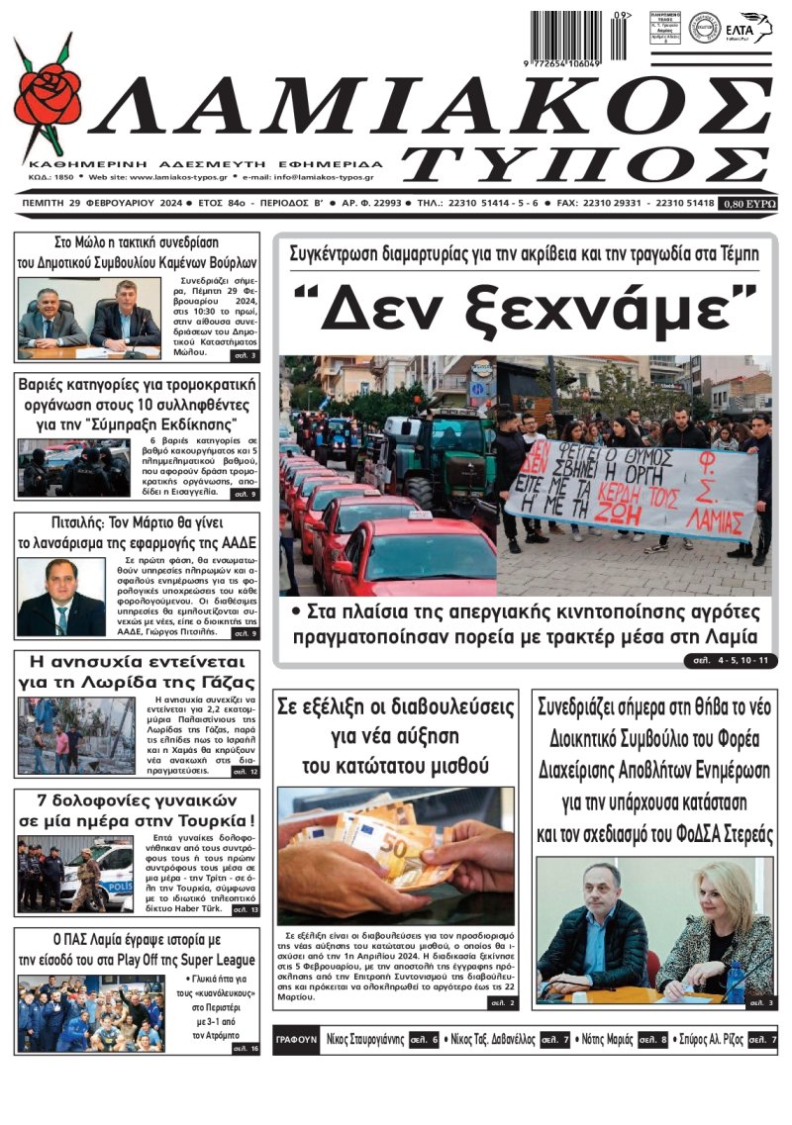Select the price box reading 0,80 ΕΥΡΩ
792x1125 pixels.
(749, 204)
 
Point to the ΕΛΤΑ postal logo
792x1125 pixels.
(747, 28)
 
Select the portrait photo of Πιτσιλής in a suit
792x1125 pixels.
(60, 596)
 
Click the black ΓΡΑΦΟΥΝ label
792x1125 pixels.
(297, 1040)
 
